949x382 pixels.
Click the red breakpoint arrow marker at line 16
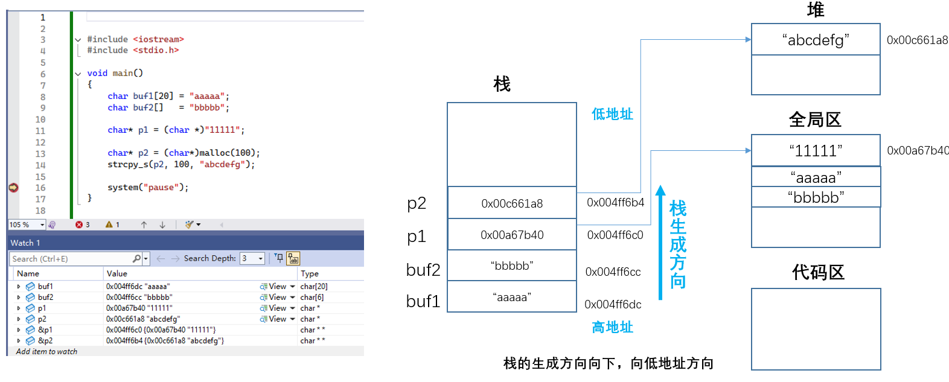13,188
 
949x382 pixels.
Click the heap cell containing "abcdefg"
815,40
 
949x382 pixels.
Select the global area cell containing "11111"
815,150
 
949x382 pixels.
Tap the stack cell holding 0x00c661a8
512,203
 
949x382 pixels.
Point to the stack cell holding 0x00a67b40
512,235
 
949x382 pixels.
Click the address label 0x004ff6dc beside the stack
613,305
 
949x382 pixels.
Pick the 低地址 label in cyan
612,114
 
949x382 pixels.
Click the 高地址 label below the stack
612,327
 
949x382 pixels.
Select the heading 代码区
818,273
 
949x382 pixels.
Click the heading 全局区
815,119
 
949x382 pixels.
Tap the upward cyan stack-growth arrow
661,241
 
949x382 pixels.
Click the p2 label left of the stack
417,203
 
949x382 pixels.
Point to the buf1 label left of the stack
423,301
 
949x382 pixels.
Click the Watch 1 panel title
25,243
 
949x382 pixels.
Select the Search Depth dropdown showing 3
252,258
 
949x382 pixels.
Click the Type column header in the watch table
310,273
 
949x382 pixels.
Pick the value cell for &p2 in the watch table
165,341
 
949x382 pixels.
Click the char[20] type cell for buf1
314,287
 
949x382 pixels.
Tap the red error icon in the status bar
79,224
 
